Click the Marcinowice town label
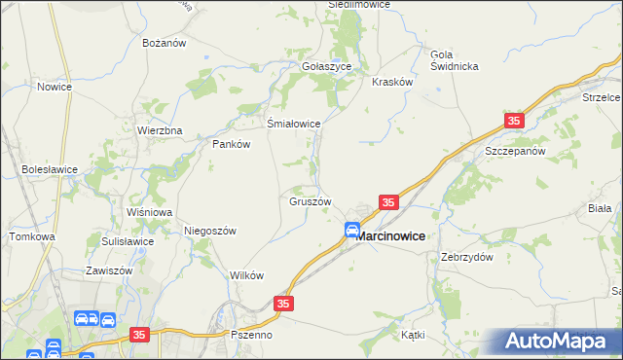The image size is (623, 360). pos(389,235)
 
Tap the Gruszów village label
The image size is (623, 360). pos(311,202)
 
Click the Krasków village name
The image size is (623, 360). pos(393,83)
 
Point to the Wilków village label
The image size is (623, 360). pos(246,275)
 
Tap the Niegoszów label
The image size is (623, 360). pos(210,231)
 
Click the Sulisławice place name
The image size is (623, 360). pos(127,241)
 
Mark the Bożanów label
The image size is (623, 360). pos(164,44)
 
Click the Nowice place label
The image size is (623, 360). pos(55,87)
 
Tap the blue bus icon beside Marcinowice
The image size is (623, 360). pos(352,231)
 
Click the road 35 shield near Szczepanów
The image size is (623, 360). pos(514,121)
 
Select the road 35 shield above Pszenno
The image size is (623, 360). pos(282,305)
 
